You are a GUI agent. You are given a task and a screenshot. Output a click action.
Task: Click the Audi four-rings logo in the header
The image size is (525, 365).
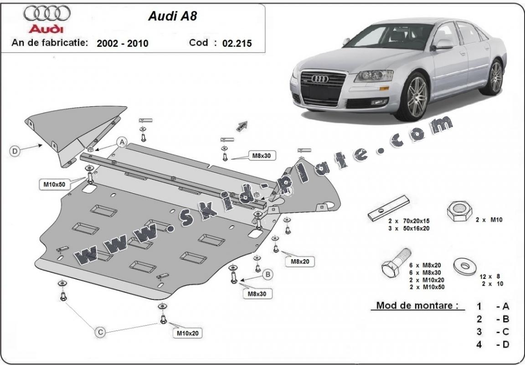[x=47, y=14]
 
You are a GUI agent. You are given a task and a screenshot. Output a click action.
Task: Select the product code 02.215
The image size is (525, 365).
[x=237, y=43]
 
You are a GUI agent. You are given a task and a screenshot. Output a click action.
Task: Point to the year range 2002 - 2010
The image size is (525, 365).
[x=122, y=43]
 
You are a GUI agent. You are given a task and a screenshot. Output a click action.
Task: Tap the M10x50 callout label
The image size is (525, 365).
[x=55, y=185]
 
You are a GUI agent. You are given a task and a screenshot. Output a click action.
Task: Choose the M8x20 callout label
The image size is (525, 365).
[x=299, y=262]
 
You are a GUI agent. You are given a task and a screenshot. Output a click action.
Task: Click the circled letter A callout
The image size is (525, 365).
[x=122, y=143]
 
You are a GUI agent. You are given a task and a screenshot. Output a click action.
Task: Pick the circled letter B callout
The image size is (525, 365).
[x=268, y=274]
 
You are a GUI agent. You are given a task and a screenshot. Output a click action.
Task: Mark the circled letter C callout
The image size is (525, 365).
[x=100, y=333]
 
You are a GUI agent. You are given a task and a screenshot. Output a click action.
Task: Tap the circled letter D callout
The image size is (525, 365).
[x=15, y=151]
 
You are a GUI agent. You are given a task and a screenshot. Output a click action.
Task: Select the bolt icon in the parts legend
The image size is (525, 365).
[x=396, y=265]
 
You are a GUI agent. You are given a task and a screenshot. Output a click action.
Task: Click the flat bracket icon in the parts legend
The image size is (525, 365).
[x=389, y=208]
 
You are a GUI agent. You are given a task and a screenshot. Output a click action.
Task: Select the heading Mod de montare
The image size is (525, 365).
[x=417, y=305]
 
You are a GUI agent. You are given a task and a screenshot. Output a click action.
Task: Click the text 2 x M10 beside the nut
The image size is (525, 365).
[x=489, y=220]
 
